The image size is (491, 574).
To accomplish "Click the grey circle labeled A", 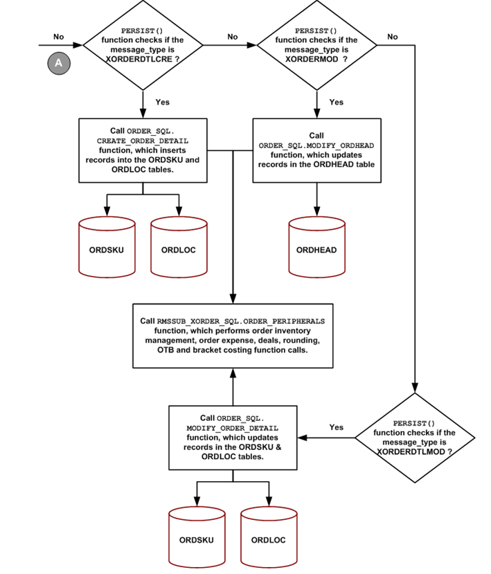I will (x=57, y=63).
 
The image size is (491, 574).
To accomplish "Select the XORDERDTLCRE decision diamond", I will (x=143, y=45).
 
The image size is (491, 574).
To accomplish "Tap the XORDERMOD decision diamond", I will (x=316, y=45).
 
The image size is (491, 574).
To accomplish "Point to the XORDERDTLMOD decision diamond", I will (x=415, y=438).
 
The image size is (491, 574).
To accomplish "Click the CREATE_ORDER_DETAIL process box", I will (x=143, y=150).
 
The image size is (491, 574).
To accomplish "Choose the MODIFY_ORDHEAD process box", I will (x=316, y=150).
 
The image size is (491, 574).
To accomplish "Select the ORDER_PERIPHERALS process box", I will (x=233, y=336).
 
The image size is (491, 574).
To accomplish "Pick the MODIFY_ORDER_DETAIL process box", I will (x=233, y=437).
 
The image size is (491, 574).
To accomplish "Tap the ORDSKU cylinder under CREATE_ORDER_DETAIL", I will (x=107, y=249).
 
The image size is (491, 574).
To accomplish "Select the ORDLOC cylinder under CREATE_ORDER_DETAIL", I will (x=179, y=249).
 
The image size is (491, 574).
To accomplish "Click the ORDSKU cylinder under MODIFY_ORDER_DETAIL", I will (x=197, y=539).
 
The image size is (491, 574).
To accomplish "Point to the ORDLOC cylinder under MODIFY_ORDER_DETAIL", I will (x=269, y=539).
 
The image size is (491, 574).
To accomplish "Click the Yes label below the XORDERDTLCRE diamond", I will (x=162, y=102).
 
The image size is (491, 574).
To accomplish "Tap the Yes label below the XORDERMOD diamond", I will (x=336, y=102).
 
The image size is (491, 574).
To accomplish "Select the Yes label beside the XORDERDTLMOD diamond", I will (x=336, y=427).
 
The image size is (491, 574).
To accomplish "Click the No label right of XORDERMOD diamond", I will (x=393, y=37).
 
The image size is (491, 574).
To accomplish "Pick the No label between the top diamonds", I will (x=232, y=37).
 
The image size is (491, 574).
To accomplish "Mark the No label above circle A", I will (x=59, y=37).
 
